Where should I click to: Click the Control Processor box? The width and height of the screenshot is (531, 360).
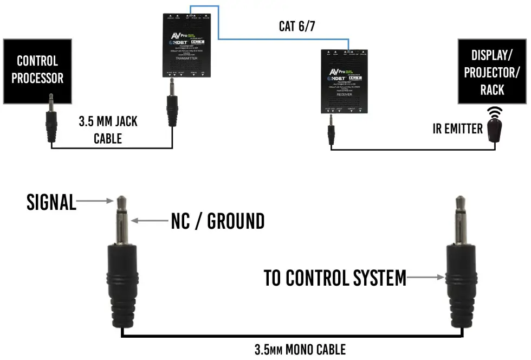click(37, 71)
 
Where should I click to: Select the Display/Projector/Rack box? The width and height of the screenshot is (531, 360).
click(491, 71)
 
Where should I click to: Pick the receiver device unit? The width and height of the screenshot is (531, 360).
click(344, 81)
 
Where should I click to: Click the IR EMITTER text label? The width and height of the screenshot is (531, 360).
click(457, 128)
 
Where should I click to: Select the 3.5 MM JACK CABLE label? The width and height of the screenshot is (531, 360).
click(108, 130)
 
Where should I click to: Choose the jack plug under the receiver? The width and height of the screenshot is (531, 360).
click(331, 132)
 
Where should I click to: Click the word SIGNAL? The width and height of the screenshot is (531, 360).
click(51, 202)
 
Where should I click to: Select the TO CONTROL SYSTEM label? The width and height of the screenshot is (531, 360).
click(334, 278)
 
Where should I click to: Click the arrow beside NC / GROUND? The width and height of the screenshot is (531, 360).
click(148, 221)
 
